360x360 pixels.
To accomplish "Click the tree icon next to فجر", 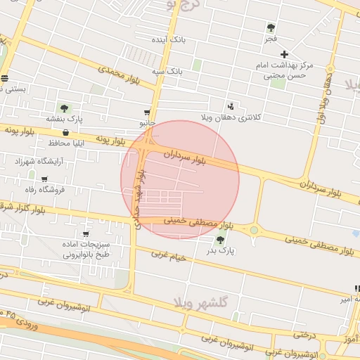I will pos(271,27).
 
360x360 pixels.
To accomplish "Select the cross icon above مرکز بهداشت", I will pos(284,54).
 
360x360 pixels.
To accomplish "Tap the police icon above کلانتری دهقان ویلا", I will pos(233,105).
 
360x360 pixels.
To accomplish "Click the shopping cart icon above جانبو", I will pos(147,112).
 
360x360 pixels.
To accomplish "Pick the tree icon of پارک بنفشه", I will pos(64,108).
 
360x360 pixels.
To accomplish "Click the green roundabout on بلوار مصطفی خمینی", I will pos(253,229).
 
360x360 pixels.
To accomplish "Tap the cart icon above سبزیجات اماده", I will pos(86,234).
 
